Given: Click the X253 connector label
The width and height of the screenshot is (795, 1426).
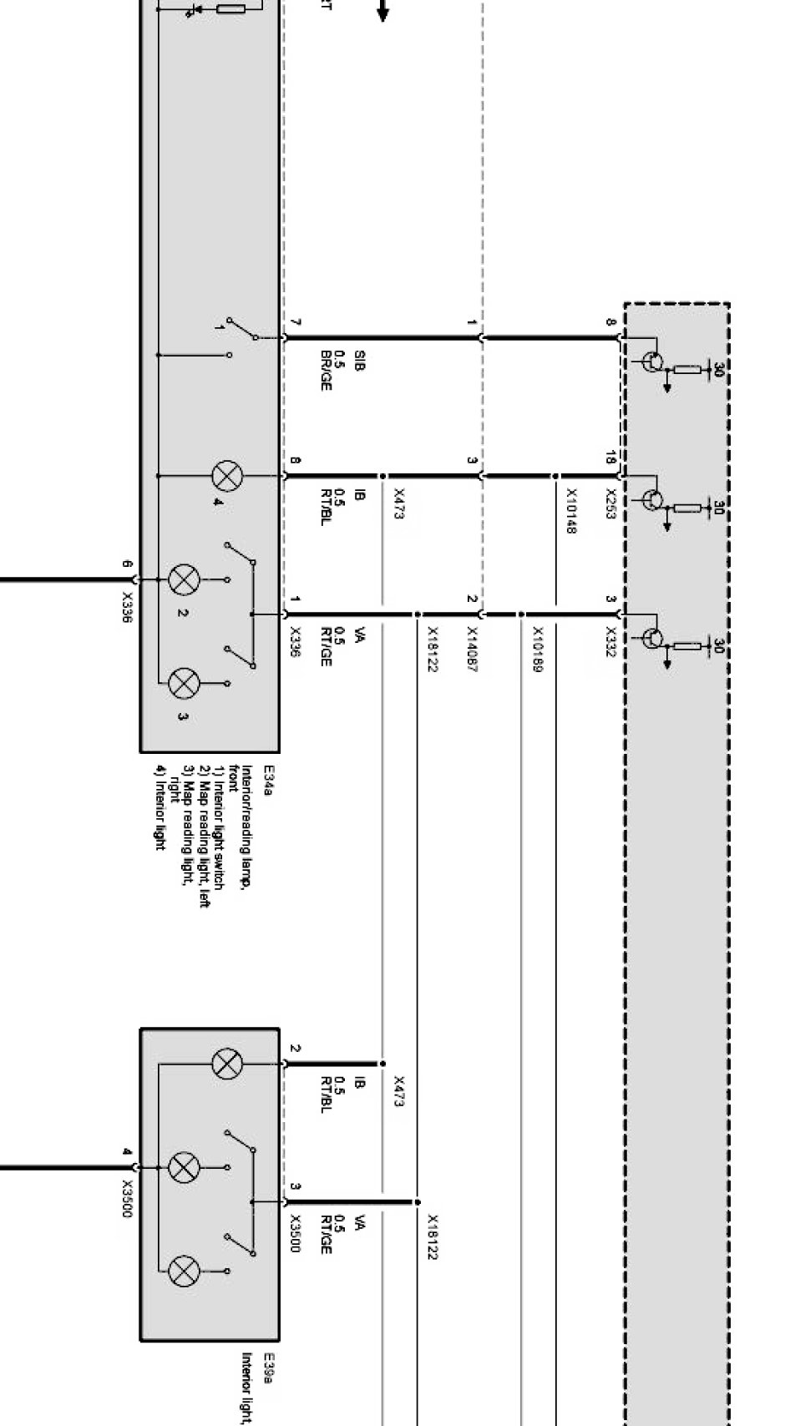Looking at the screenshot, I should [x=610, y=504].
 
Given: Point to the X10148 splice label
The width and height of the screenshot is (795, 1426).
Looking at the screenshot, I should [x=571, y=511].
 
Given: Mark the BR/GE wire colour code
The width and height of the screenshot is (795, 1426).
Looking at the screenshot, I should [x=326, y=370].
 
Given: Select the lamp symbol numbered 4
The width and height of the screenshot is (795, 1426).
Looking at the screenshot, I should [x=225, y=477].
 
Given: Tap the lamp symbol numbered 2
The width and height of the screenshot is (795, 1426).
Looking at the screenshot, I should [x=184, y=579].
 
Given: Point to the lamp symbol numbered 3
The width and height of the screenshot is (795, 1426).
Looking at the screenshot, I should [x=184, y=683].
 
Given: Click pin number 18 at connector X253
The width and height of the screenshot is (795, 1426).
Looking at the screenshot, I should [x=610, y=458].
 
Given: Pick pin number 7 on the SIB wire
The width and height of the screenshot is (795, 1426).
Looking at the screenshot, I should [x=296, y=322].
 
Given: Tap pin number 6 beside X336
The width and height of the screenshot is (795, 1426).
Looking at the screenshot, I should [x=127, y=564].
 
